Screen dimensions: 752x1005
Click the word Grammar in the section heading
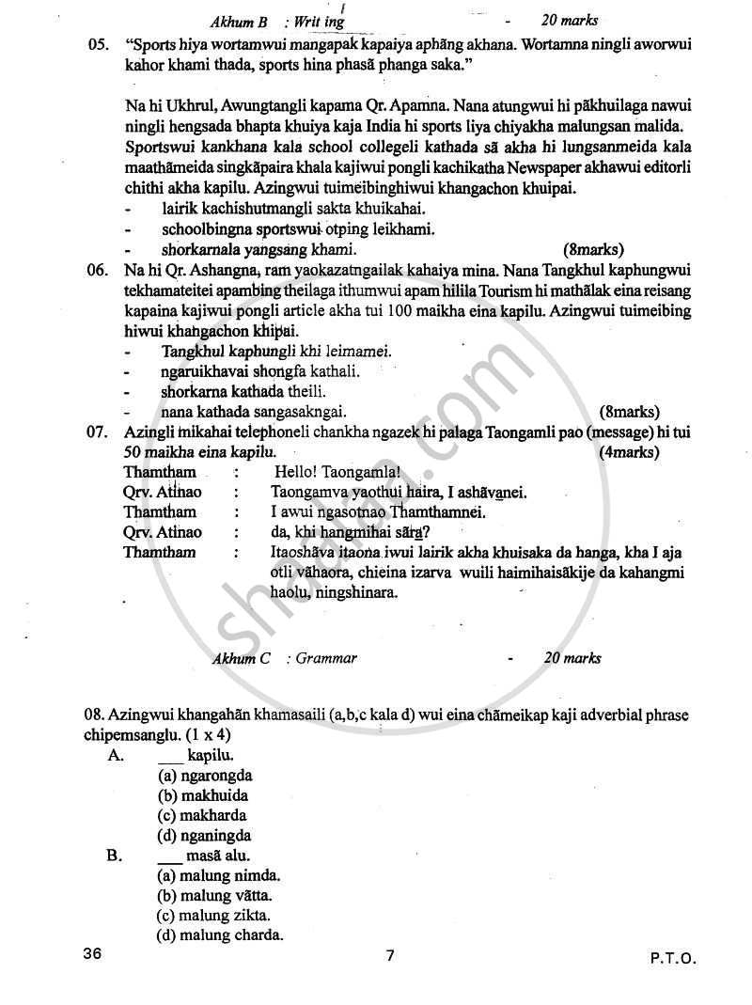(326, 658)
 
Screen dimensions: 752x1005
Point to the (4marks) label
(629, 452)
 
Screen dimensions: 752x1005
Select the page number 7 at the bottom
(390, 956)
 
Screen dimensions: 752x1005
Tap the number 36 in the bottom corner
(92, 955)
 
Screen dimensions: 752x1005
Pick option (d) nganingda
(204, 835)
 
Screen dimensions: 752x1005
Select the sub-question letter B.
(114, 856)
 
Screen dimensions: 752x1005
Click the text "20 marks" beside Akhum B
(570, 20)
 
